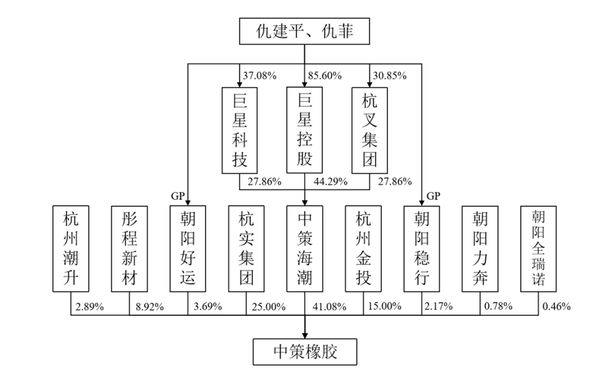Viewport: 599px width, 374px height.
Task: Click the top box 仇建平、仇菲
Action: point(305,31)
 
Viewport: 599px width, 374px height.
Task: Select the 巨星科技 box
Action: point(240,131)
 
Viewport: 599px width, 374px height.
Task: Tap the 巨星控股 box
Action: point(305,131)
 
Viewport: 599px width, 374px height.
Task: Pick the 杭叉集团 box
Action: point(369,131)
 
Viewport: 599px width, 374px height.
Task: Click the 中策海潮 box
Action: point(305,249)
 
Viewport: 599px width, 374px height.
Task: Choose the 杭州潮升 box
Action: point(71,249)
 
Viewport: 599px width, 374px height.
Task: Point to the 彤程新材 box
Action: point(129,249)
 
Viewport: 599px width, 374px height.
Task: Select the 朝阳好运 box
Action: point(188,249)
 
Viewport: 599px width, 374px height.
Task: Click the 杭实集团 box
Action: point(246,249)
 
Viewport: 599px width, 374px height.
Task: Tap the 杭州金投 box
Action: point(363,249)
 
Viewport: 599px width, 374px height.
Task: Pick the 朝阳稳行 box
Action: point(422,249)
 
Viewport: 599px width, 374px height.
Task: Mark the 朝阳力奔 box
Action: point(480,249)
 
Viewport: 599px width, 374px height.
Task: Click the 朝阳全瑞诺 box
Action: point(538,249)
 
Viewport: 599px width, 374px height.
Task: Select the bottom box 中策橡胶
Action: point(305,352)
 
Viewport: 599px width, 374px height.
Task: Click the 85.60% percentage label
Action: point(325,75)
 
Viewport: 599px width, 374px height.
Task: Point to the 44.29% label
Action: point(330,182)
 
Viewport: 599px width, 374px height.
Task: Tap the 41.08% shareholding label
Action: point(330,306)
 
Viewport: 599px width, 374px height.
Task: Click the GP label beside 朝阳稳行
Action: point(433,196)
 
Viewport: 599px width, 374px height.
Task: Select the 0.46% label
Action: point(557,306)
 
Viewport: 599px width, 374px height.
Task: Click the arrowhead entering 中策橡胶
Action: point(305,335)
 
